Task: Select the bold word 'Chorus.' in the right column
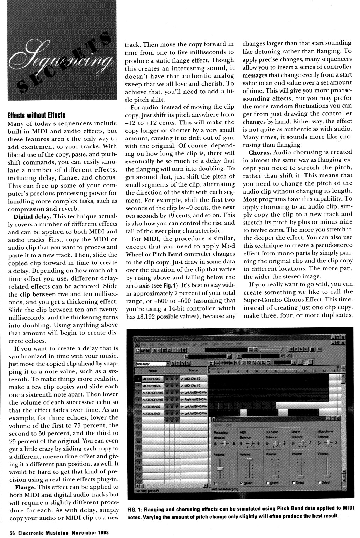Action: click(260, 152)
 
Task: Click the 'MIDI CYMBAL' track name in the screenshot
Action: click(152, 386)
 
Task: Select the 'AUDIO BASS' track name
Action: click(151, 407)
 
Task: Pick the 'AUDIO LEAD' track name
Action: click(151, 414)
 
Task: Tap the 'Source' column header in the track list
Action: click(193, 370)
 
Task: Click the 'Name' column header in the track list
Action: click(153, 370)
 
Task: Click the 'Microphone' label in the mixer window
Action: click(325, 432)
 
